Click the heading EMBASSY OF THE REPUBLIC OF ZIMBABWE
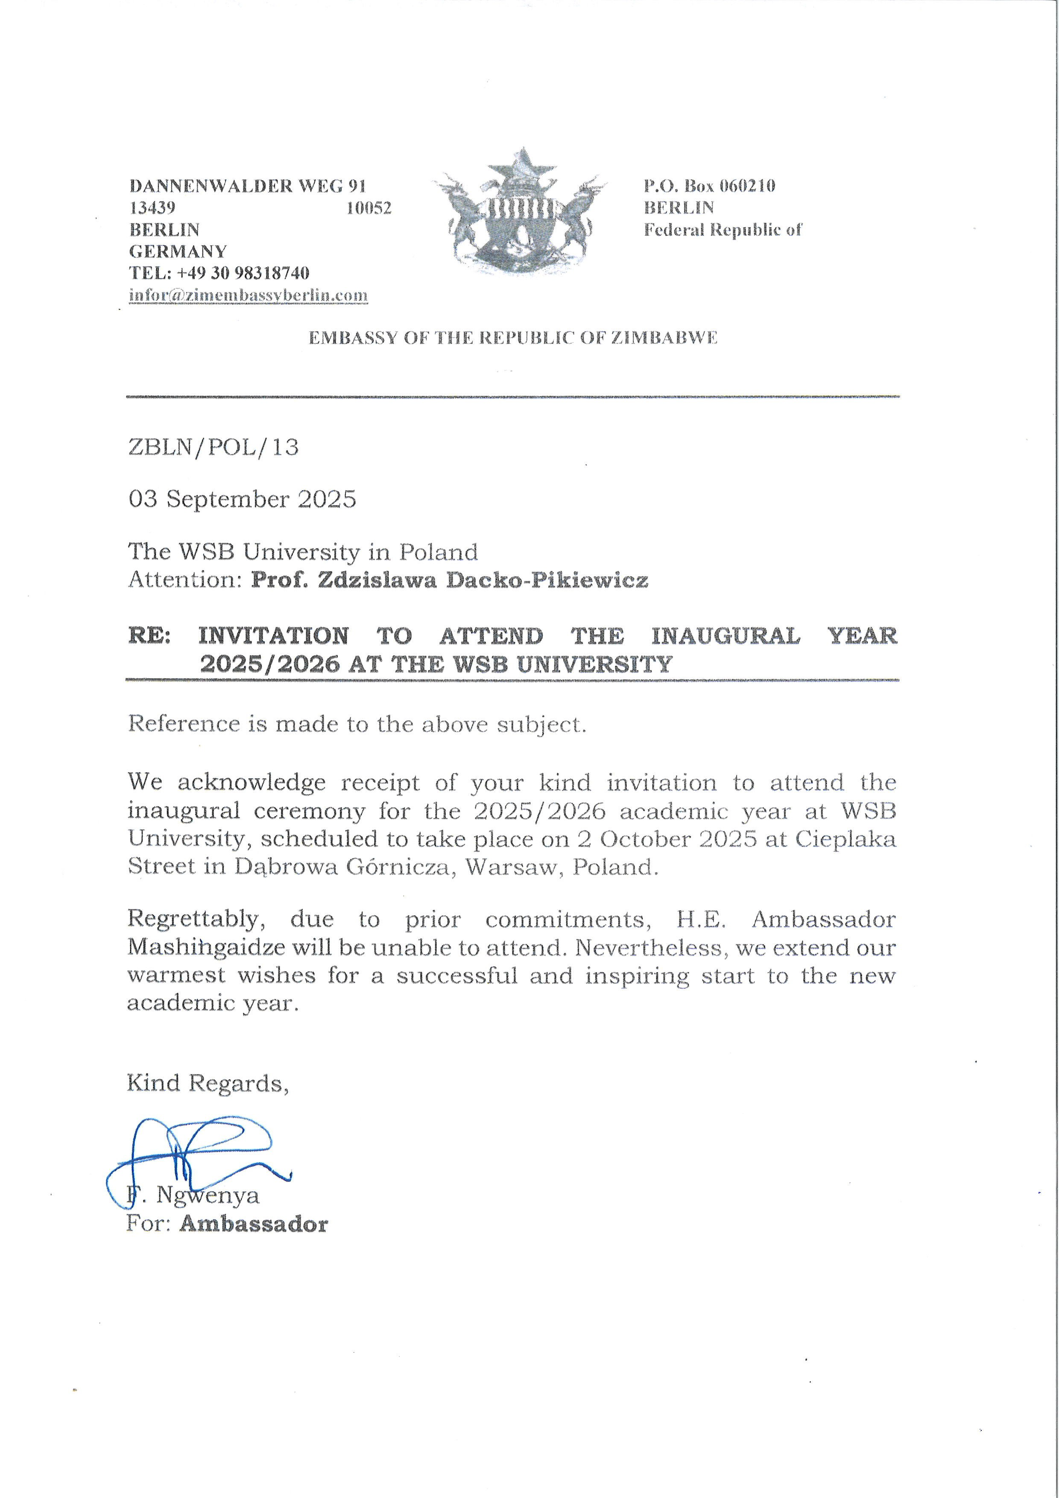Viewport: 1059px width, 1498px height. point(512,338)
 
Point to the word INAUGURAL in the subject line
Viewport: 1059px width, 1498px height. point(725,636)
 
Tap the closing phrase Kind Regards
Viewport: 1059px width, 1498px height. point(208,1083)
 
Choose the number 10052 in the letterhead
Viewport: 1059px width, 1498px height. point(369,208)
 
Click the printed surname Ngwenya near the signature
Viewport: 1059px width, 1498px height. point(208,1195)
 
